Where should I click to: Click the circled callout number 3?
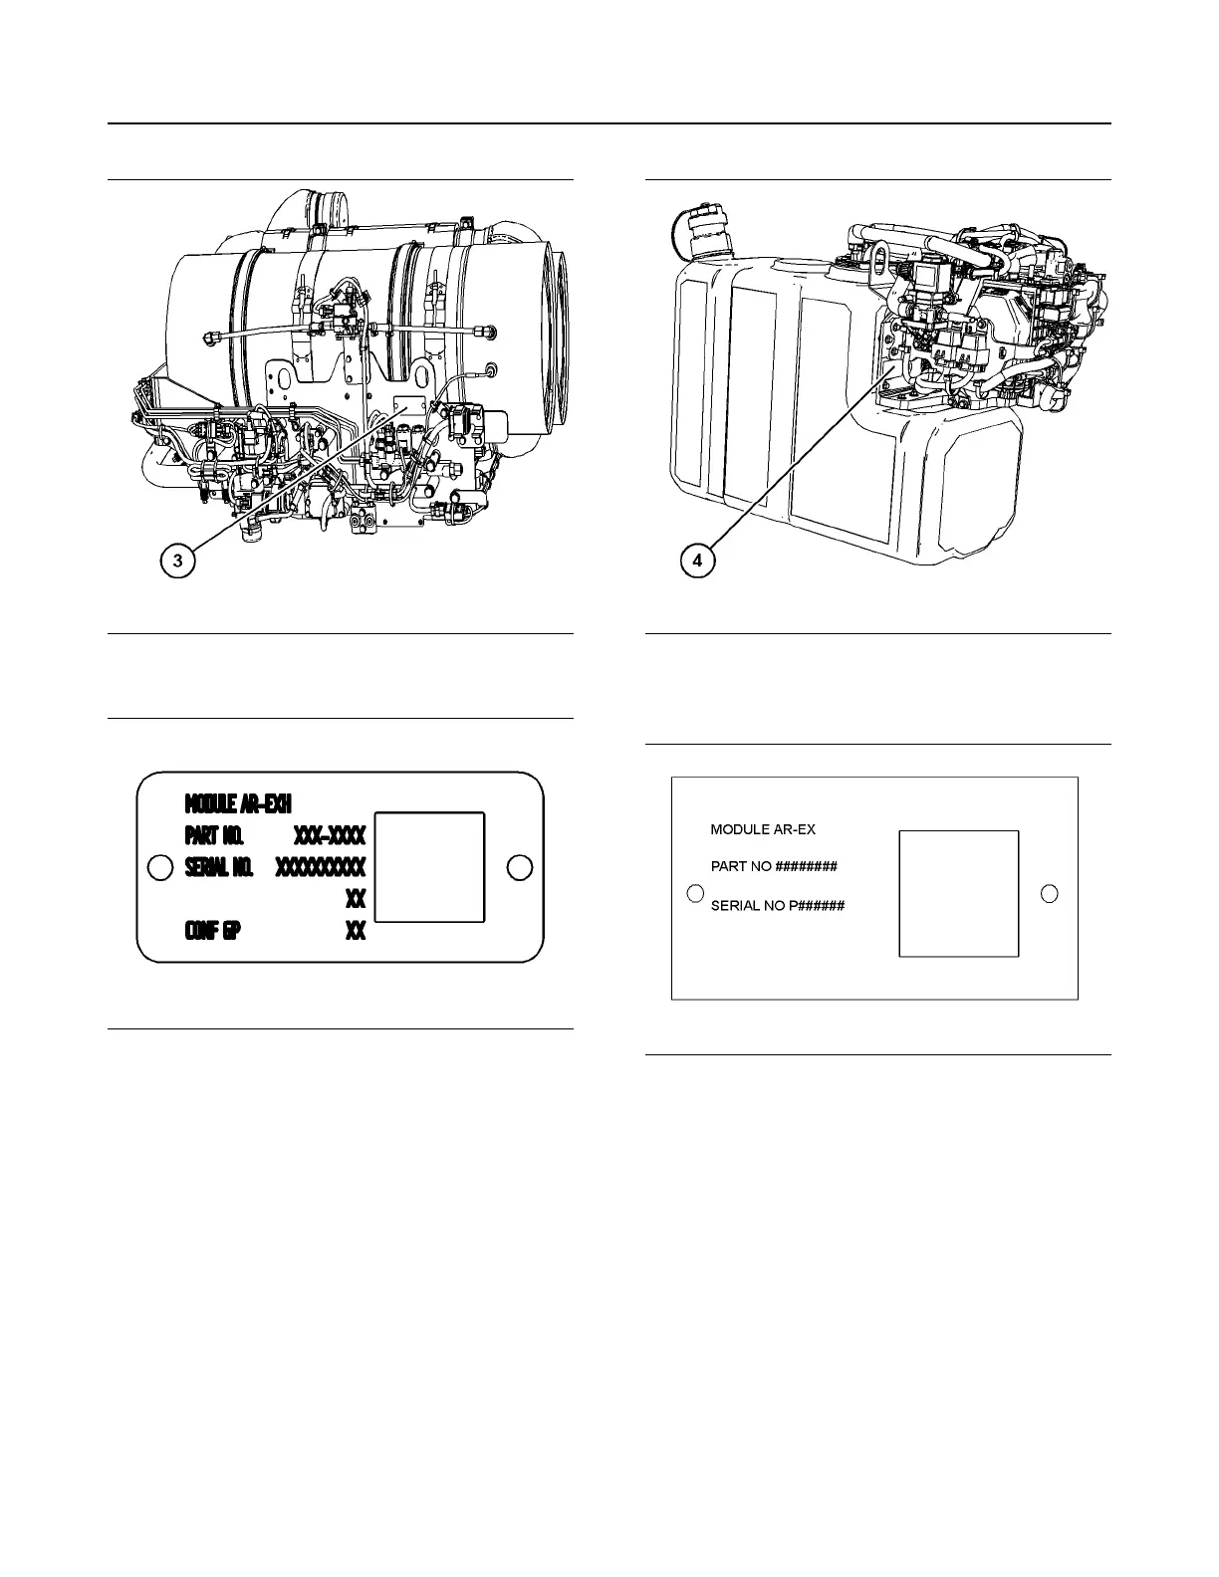point(177,561)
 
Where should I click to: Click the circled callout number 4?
point(697,561)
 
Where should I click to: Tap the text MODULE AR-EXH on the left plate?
point(238,802)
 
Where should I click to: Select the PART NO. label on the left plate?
point(214,833)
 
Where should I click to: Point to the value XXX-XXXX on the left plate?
point(330,833)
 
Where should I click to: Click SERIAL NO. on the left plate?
point(219,866)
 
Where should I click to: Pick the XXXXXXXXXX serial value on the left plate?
point(321,866)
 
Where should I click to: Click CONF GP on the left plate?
point(212,931)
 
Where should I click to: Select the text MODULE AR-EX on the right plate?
point(763,829)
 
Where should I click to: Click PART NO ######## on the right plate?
point(774,866)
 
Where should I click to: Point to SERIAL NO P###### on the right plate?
point(778,906)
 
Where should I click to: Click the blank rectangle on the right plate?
point(958,893)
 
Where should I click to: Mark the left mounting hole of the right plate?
point(696,892)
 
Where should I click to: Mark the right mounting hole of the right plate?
point(1049,893)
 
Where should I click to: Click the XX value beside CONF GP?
point(356,931)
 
